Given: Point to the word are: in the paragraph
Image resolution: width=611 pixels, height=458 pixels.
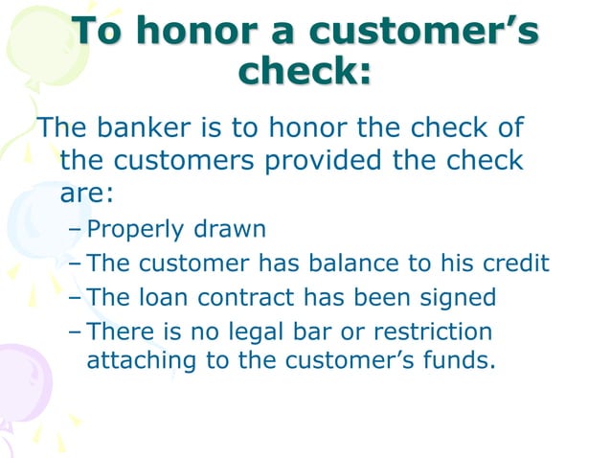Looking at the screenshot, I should tap(87, 194).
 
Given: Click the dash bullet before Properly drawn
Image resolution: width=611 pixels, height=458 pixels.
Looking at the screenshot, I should tap(75, 231).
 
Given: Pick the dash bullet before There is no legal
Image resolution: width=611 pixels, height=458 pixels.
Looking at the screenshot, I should tap(75, 332).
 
